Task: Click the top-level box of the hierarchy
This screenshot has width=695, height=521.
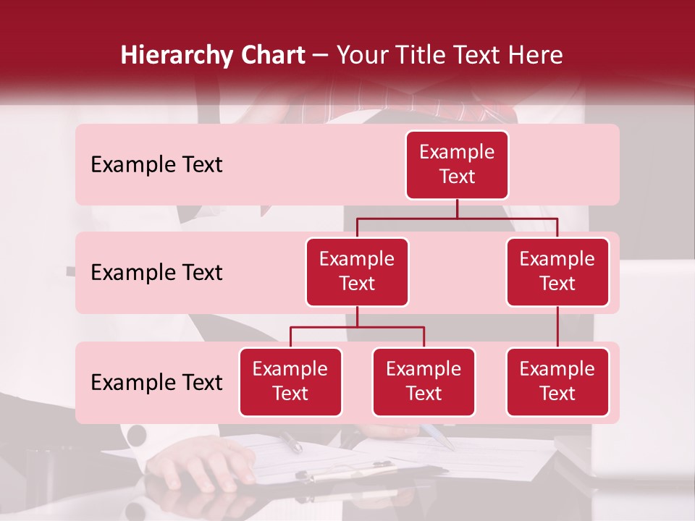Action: click(x=457, y=165)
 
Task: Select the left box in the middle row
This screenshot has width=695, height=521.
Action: click(x=357, y=272)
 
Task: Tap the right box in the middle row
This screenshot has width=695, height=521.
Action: click(x=557, y=272)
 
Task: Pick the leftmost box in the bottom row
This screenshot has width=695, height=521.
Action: click(x=290, y=382)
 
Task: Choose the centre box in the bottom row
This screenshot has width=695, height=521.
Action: click(x=424, y=382)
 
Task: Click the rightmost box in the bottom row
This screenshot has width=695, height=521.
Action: click(x=557, y=382)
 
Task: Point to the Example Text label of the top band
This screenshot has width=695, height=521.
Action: click(x=156, y=165)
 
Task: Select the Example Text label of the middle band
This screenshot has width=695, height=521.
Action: click(x=156, y=273)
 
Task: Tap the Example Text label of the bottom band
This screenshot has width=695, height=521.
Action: click(x=156, y=383)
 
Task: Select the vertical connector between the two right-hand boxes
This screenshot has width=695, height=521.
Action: click(x=557, y=327)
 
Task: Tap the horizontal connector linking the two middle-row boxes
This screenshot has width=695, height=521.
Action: click(x=457, y=218)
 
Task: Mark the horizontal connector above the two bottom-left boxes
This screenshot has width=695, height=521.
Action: click(x=357, y=327)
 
